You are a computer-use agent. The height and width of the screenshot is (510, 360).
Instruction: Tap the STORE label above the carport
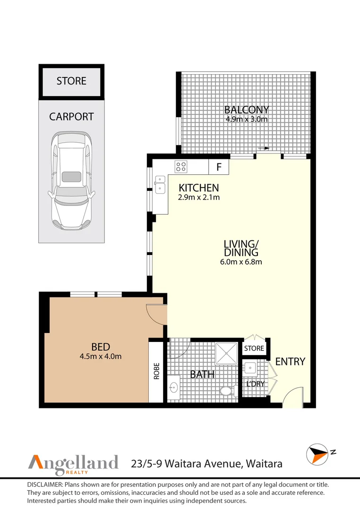coord(71,81)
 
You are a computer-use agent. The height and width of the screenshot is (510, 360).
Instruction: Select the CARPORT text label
coord(71,117)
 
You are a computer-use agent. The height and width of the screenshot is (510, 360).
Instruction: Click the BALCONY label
coord(246,110)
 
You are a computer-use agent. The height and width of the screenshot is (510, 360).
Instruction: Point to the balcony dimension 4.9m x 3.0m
coord(246,119)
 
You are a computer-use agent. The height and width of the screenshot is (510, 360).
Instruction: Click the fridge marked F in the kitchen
coord(219,167)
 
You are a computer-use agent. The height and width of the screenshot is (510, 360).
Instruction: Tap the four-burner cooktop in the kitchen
coord(181,166)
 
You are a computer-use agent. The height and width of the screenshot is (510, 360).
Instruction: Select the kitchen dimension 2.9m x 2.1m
coord(198,197)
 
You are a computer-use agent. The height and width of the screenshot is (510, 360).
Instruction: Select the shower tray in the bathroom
coord(227,352)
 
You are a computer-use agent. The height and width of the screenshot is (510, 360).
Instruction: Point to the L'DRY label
coord(255,384)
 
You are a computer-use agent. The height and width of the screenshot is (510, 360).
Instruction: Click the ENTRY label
coord(290,362)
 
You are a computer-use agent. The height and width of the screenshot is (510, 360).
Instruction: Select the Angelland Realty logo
coord(73,463)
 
